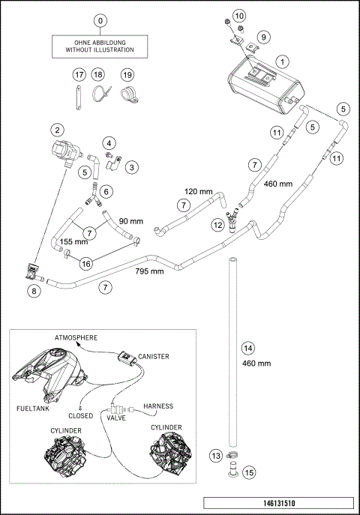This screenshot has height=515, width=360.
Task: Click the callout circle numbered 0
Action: [x=100, y=21]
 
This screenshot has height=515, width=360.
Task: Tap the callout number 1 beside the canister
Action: [x=282, y=61]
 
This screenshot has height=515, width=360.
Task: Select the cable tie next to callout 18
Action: [x=101, y=94]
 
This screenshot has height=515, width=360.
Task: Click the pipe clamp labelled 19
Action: [x=130, y=94]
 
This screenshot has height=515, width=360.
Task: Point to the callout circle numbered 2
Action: [x=58, y=130]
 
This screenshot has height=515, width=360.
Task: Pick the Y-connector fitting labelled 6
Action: [x=93, y=195]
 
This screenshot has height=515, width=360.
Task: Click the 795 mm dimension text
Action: [x=149, y=271]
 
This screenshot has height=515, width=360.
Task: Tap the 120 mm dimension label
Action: [x=199, y=191]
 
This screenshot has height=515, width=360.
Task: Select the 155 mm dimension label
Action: [x=73, y=241]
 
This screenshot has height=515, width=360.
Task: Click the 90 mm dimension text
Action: [x=131, y=221]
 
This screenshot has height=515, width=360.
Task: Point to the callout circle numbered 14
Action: [x=248, y=348]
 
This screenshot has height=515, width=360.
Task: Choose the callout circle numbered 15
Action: [x=249, y=472]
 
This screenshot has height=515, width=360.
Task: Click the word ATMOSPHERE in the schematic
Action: [x=76, y=337]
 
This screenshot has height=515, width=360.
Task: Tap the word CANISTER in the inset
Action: [x=154, y=356]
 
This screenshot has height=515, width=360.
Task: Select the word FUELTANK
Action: [x=33, y=409]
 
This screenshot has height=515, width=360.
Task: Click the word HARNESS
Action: [x=158, y=406]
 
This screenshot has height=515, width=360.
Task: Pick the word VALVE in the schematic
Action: [x=116, y=418]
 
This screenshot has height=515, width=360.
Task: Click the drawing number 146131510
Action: [x=279, y=503]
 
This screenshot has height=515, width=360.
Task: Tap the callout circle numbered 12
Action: [x=218, y=225]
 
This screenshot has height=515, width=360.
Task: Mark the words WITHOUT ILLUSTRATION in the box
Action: [x=100, y=50]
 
